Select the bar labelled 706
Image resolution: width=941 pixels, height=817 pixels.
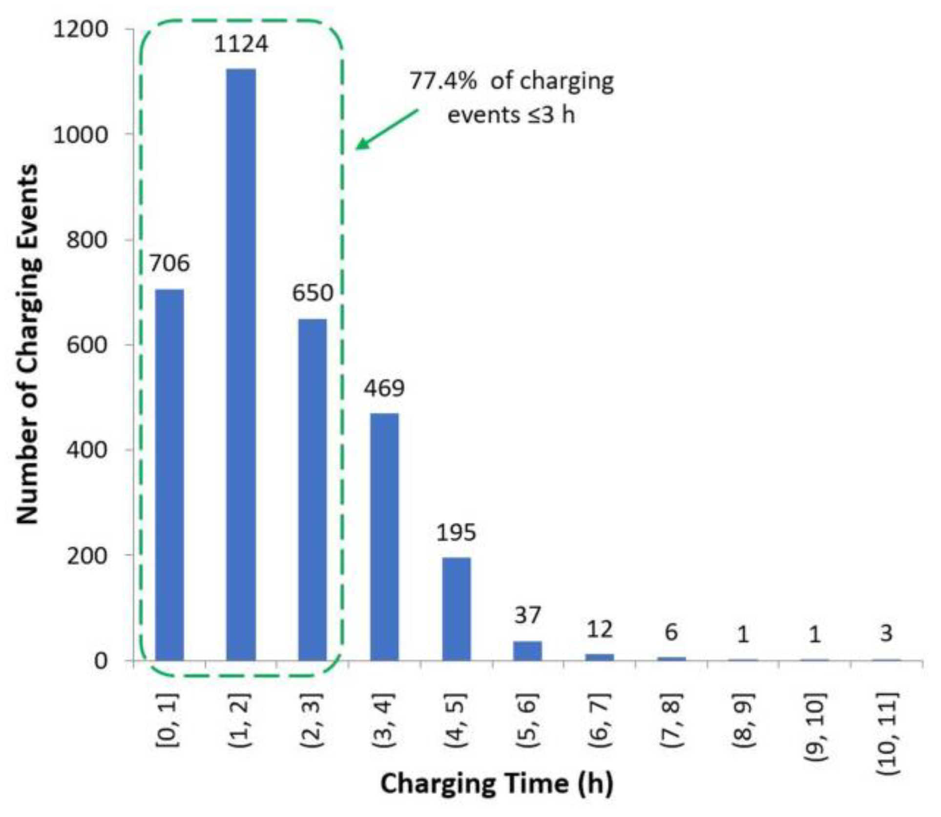[169, 475]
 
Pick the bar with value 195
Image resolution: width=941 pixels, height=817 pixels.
[456, 609]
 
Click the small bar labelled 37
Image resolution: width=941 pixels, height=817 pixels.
[527, 651]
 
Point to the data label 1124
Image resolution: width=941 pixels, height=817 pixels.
[241, 44]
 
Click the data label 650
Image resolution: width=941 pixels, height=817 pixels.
[313, 293]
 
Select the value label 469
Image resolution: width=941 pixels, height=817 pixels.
[384, 388]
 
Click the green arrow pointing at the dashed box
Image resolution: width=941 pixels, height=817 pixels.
[387, 129]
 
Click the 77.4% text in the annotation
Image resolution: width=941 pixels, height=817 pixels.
[442, 81]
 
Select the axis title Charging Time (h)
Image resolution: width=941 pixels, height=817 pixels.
[497, 784]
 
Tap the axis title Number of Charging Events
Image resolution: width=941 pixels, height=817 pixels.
[28, 344]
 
